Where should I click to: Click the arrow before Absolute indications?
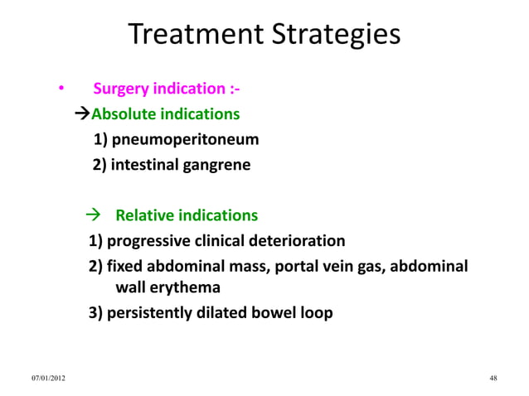82,113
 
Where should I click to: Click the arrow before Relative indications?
94,216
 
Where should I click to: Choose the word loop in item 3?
316,314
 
